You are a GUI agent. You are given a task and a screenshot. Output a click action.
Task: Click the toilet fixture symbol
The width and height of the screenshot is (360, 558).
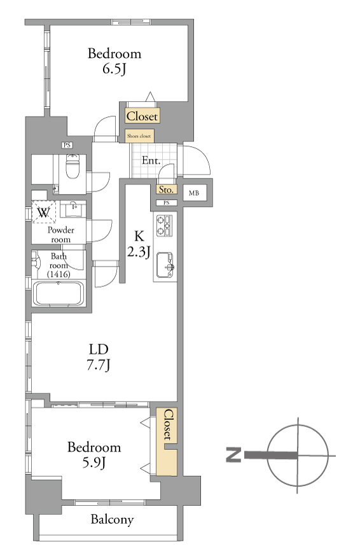point(73,167)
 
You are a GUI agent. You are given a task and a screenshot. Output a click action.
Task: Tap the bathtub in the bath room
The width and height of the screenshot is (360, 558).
point(59,293)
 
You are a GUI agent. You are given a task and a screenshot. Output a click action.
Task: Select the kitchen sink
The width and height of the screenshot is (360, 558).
point(165,265)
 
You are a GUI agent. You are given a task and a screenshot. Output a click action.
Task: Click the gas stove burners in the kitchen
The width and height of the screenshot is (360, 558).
point(164,226)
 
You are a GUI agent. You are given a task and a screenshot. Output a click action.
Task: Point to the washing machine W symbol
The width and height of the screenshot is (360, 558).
point(44,213)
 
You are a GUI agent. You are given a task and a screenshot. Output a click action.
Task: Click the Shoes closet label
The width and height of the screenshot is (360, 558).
point(139,136)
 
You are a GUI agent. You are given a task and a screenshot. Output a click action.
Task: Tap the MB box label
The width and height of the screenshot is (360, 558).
point(194,193)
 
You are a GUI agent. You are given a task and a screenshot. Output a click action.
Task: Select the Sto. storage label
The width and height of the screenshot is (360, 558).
point(166,190)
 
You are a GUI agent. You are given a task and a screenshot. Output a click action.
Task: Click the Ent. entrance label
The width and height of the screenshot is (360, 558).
point(151,160)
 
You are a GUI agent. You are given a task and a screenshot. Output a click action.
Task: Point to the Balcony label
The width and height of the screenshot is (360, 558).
point(112,520)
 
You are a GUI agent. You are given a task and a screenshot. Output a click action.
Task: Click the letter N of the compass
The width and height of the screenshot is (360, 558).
point(233,455)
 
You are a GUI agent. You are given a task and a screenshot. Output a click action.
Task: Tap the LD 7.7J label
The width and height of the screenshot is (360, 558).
point(99,358)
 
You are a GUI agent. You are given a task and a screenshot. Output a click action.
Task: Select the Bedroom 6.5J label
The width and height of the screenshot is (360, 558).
point(114,61)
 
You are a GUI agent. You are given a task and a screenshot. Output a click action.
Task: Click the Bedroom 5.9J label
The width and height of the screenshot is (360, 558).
point(94,455)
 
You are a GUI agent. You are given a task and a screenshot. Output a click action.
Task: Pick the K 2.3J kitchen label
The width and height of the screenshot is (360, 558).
point(139,244)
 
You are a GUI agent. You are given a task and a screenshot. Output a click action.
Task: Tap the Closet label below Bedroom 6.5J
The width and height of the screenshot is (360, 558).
point(142,116)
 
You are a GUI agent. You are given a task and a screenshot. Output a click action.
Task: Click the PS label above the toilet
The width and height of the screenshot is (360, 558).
point(67,145)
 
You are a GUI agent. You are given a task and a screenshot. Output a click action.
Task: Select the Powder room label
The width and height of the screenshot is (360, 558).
point(61,235)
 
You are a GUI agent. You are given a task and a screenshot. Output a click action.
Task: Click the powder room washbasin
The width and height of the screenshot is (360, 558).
point(73,209)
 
